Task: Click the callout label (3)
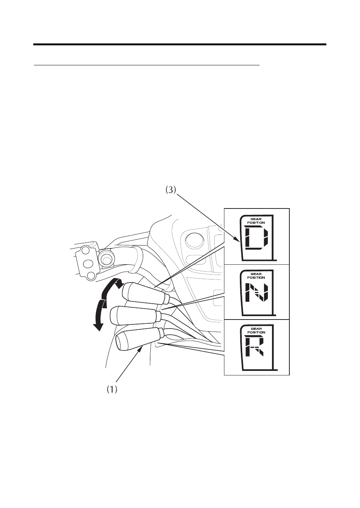(170, 190)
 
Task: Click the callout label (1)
(112, 389)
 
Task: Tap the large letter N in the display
(257, 292)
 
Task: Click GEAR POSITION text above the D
(256, 221)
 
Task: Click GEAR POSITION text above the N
(256, 276)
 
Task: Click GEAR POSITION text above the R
(256, 330)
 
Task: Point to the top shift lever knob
(145, 293)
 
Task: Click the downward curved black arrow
(101, 315)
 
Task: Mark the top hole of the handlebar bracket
(86, 250)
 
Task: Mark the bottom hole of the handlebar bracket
(91, 276)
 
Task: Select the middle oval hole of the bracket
(88, 263)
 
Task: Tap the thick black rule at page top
(180, 45)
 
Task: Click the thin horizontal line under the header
(147, 65)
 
